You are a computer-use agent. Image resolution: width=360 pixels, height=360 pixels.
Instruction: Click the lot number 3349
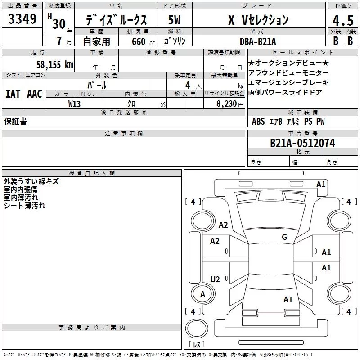22,19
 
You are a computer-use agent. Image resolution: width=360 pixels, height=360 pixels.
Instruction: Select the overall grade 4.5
343,20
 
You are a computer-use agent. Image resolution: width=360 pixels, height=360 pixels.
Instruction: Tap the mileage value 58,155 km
55,64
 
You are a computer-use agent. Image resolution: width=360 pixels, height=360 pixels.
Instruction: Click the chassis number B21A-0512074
302,143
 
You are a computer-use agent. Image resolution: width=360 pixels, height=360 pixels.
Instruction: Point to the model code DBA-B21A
258,41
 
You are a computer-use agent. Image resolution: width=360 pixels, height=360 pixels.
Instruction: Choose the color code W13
74,104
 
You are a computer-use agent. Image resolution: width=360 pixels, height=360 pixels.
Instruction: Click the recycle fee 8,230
227,104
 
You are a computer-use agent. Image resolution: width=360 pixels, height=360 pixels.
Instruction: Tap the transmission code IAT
13,94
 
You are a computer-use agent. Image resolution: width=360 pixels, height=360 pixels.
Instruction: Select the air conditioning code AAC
35,94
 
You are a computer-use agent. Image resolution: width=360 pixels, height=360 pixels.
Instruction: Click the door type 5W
174,20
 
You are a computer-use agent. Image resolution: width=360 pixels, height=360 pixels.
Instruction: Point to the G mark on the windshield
284,237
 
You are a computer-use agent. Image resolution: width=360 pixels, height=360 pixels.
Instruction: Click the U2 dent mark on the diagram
215,279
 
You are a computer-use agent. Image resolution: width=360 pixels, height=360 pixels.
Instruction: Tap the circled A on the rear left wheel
203,294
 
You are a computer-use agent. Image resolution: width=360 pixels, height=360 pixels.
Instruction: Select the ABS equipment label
258,121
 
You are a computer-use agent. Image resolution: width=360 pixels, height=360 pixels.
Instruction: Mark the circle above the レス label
197,328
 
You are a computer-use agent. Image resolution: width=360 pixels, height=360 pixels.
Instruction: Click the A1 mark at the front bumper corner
321,184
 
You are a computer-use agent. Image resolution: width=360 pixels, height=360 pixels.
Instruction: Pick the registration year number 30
59,24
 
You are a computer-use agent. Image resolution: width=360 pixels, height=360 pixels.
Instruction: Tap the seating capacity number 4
188,85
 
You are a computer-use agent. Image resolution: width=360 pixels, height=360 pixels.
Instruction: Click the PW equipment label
320,121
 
